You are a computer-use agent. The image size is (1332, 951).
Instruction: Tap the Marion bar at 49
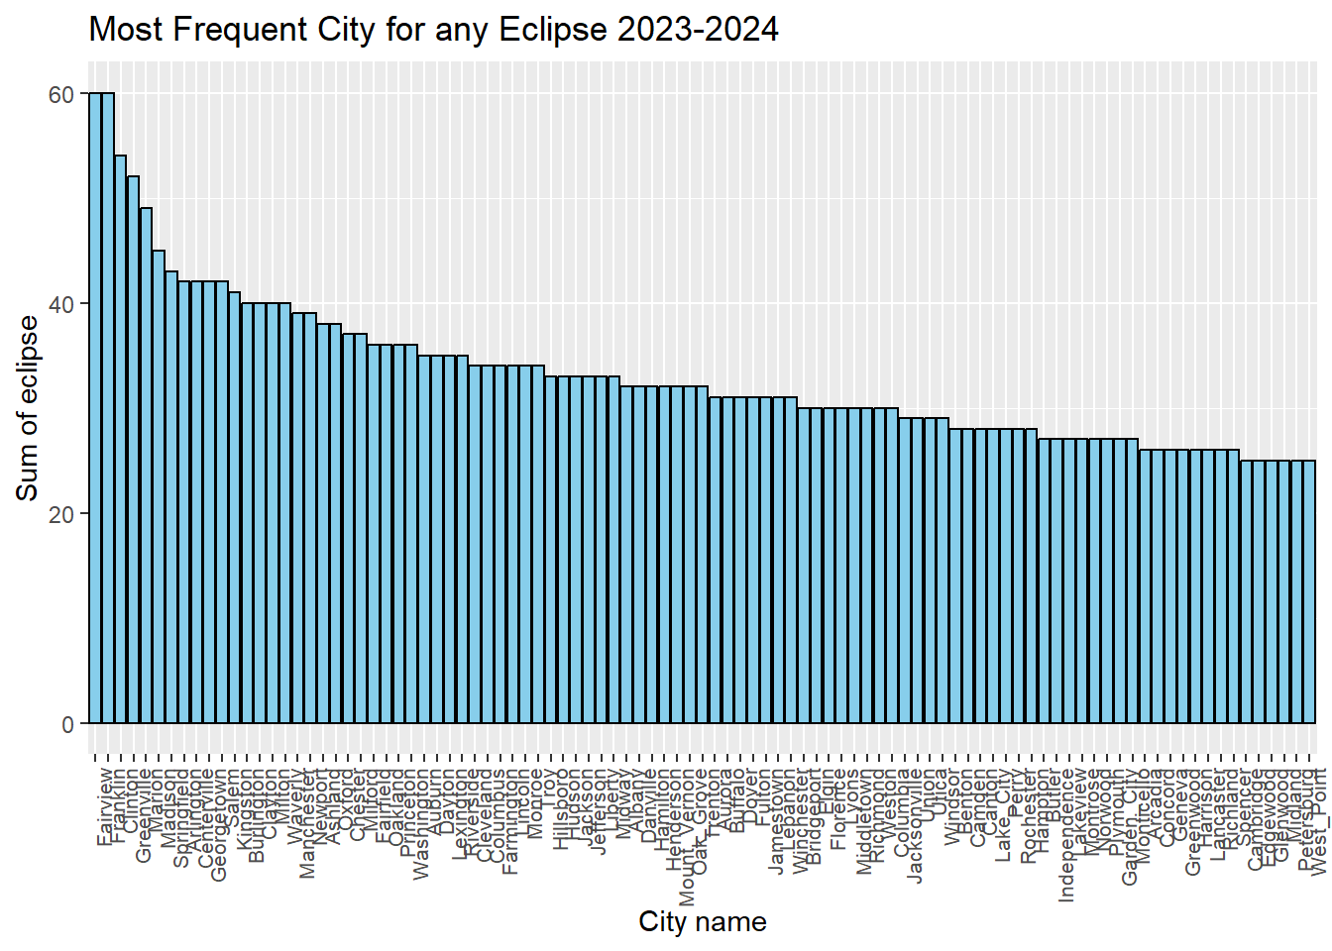pos(146,466)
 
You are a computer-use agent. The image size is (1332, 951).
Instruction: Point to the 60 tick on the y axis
pos(61,94)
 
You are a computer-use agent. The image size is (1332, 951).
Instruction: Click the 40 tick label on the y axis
pos(61,304)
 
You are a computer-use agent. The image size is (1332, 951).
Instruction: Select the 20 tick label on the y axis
pos(61,514)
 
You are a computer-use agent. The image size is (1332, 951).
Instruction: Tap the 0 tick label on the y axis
pos(67,724)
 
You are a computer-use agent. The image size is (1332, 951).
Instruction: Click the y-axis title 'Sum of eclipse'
pos(28,408)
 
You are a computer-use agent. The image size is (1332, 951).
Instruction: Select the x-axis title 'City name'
pos(702,922)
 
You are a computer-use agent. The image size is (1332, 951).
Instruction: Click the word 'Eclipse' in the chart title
pos(553,30)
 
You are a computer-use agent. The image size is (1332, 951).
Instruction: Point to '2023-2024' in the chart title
pos(698,30)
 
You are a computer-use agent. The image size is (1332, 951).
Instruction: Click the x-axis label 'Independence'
pos(1066,838)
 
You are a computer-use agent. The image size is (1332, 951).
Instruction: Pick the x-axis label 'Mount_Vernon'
pos(687,837)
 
